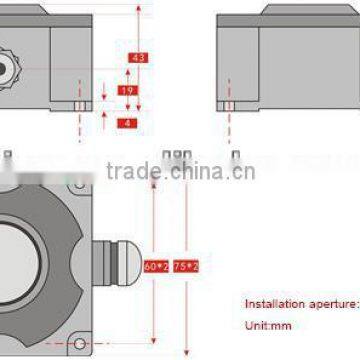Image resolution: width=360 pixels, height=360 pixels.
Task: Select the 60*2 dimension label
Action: pyautogui.click(x=156, y=267)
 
